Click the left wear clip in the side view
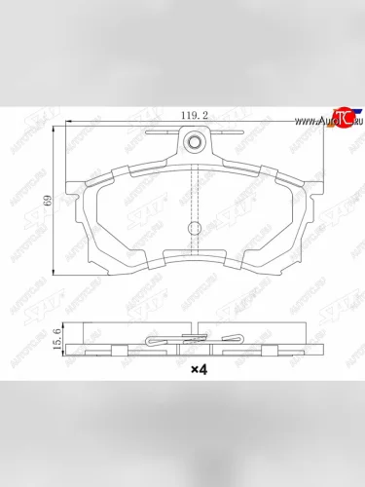coord(155,340)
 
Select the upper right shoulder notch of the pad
coord(274,172)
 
